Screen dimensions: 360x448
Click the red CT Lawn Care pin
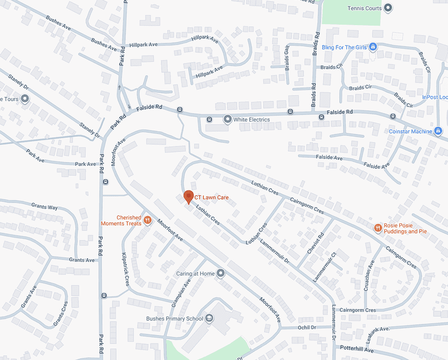(x=189, y=197)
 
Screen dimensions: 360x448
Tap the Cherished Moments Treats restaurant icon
(x=148, y=220)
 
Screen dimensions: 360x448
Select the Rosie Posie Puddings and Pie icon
(x=378, y=228)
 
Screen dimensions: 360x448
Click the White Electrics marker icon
(x=227, y=119)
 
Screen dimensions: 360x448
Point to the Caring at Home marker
(x=221, y=274)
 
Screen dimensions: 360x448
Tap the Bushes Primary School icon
(x=209, y=318)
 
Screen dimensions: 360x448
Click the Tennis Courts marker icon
(x=388, y=8)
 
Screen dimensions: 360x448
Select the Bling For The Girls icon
(x=373, y=47)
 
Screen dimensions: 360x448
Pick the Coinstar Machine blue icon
(x=438, y=131)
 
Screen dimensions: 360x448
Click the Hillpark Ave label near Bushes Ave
(x=144, y=45)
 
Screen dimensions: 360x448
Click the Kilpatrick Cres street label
(x=125, y=269)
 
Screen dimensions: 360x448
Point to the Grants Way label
(x=45, y=207)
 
